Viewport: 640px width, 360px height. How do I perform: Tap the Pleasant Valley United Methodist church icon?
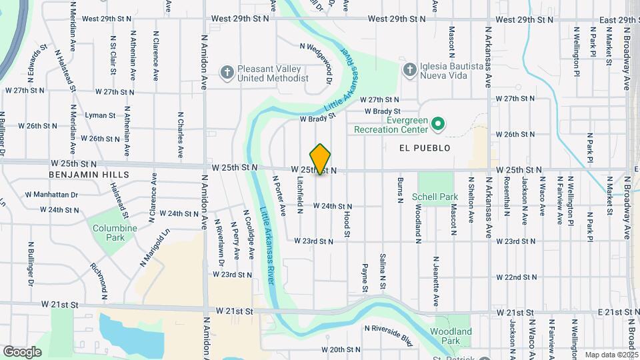[227, 70]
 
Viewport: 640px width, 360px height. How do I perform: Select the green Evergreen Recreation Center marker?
[438, 123]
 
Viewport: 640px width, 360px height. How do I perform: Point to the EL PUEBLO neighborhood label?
[425, 148]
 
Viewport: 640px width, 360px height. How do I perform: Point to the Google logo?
[22, 351]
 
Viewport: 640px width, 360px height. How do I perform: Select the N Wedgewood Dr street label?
[317, 59]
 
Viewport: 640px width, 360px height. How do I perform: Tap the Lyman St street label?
[100, 115]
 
